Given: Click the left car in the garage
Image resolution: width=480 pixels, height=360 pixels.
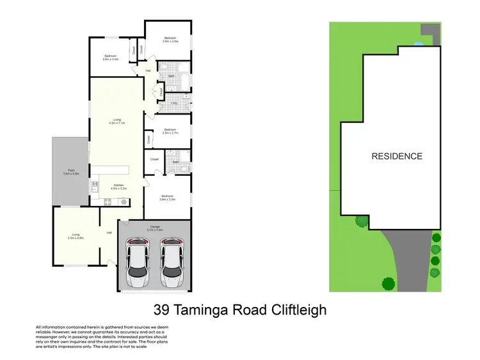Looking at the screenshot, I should pos(138,262).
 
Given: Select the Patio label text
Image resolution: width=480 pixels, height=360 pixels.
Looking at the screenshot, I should pos(70,172).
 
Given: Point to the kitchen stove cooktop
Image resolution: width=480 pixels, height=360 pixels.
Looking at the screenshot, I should pos(108,202).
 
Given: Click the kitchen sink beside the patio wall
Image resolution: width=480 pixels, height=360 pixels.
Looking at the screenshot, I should pos(94,187).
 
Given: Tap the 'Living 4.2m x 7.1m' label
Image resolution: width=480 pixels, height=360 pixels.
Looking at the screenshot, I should pos(117,121).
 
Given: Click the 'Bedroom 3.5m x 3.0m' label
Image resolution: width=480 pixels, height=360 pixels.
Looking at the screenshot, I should pos(170,40).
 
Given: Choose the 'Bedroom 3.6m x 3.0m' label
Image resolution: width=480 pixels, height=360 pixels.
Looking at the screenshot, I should pos(111,58).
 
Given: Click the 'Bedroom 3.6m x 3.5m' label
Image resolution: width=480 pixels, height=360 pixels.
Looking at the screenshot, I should pos(168,198).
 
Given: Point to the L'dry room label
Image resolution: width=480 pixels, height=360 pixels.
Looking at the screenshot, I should pos(174,103).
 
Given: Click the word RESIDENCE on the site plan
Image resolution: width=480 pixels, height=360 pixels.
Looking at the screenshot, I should pos(397,156).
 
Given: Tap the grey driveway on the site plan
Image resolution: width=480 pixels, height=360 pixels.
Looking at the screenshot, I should pos(410,262).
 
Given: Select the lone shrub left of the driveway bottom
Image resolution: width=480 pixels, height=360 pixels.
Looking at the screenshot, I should pos(388,283).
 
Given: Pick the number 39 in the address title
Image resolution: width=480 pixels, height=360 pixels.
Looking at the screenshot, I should pos(162,311).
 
